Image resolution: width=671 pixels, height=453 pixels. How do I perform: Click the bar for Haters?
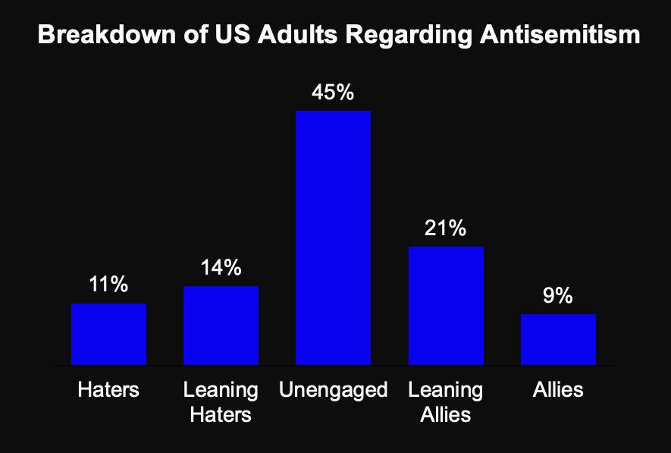point(108,334)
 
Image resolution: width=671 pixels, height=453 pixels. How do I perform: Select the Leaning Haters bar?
point(221,326)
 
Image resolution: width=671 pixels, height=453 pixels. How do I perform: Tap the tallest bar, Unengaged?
point(333,238)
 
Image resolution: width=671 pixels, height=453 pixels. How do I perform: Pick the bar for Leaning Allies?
point(446,306)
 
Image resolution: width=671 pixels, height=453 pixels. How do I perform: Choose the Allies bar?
point(558,339)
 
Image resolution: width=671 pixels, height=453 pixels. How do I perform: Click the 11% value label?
point(108,285)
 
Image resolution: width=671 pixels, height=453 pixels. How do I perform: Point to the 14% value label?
point(221,268)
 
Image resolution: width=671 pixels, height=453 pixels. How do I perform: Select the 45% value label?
point(333,93)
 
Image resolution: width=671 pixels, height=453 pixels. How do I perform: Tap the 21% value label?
point(446,228)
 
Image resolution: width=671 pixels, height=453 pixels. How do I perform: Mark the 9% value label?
point(558,296)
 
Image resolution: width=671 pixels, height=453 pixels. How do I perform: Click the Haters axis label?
point(108,390)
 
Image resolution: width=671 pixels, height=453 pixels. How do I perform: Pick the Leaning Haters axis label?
point(221,402)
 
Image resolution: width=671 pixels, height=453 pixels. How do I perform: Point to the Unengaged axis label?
point(333,390)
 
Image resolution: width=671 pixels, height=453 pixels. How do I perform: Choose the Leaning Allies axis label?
point(446,402)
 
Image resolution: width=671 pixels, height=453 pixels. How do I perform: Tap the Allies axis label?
point(558,390)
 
